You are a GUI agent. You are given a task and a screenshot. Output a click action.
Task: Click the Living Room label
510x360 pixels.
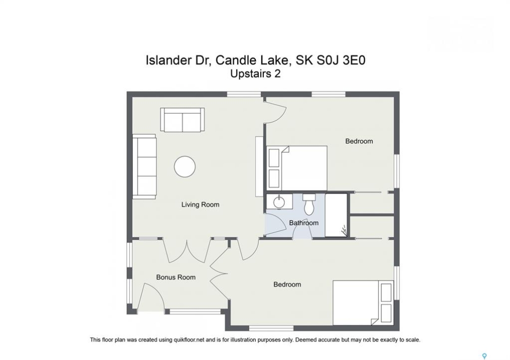(x=200, y=204)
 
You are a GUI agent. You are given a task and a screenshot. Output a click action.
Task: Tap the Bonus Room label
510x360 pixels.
(x=176, y=277)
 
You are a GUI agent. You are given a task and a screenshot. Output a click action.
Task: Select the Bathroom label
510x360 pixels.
(x=304, y=223)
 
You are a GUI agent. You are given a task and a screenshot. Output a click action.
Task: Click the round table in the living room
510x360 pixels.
(x=185, y=166)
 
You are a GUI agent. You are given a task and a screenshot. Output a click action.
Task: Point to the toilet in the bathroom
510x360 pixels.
(x=309, y=204)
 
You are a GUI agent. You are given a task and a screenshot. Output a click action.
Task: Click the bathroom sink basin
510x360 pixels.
(x=279, y=202)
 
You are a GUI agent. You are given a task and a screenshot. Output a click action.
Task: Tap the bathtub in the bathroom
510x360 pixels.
(x=336, y=215)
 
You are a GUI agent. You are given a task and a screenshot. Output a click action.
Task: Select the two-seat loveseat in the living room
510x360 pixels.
(x=183, y=120)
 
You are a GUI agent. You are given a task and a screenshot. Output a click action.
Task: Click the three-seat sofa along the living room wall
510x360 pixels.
(x=145, y=166)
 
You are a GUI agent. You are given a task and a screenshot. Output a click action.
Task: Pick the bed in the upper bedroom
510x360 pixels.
(x=297, y=168)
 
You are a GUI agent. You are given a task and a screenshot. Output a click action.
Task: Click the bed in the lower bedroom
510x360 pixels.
(x=363, y=303)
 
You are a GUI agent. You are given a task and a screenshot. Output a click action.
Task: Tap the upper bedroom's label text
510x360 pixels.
(x=359, y=141)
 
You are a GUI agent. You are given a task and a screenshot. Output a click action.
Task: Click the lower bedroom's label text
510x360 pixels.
(x=287, y=284)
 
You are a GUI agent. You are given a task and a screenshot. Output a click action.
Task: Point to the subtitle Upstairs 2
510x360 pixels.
(x=255, y=74)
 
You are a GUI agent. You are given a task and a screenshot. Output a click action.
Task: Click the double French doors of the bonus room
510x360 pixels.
(x=187, y=250)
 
